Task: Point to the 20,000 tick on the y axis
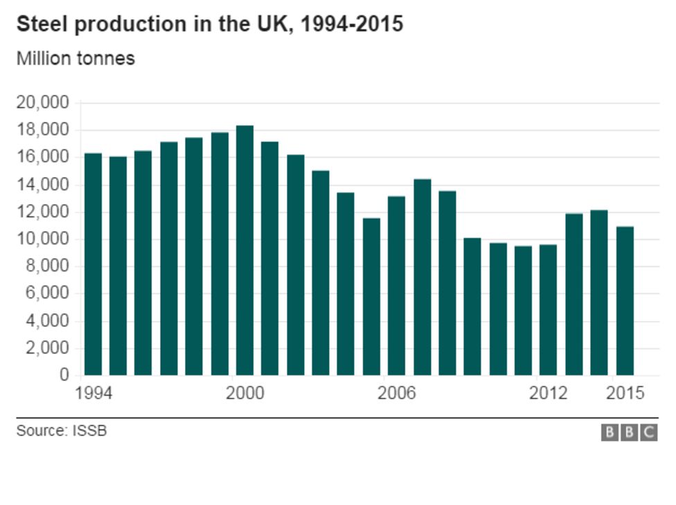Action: coord(42,103)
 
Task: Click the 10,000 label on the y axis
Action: coord(42,239)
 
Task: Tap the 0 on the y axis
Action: coord(64,376)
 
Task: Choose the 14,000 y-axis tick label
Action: coord(42,185)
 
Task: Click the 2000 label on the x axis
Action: coord(244,394)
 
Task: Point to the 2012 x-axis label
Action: coord(548,394)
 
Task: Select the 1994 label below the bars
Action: coord(93,394)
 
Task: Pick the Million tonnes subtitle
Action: coord(75,59)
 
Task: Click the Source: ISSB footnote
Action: coord(62,432)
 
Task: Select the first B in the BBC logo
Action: coord(610,433)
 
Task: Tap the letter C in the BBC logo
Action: coord(649,433)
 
